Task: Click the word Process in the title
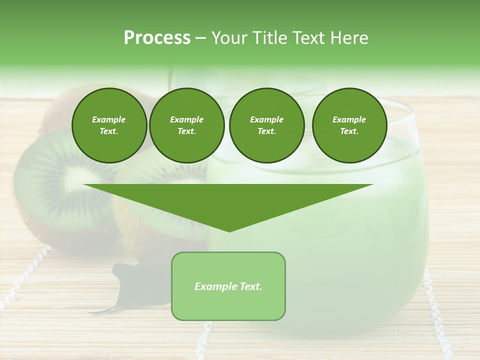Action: click(157, 37)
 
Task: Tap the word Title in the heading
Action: click(270, 38)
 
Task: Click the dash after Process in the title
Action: click(201, 38)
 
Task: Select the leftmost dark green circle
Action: click(109, 125)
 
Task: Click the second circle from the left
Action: click(186, 125)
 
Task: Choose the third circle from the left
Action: click(266, 125)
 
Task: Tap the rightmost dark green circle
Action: click(349, 125)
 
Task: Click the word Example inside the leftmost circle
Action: click(109, 119)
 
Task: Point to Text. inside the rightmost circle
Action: click(349, 131)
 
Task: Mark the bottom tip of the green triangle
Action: click(229, 230)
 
